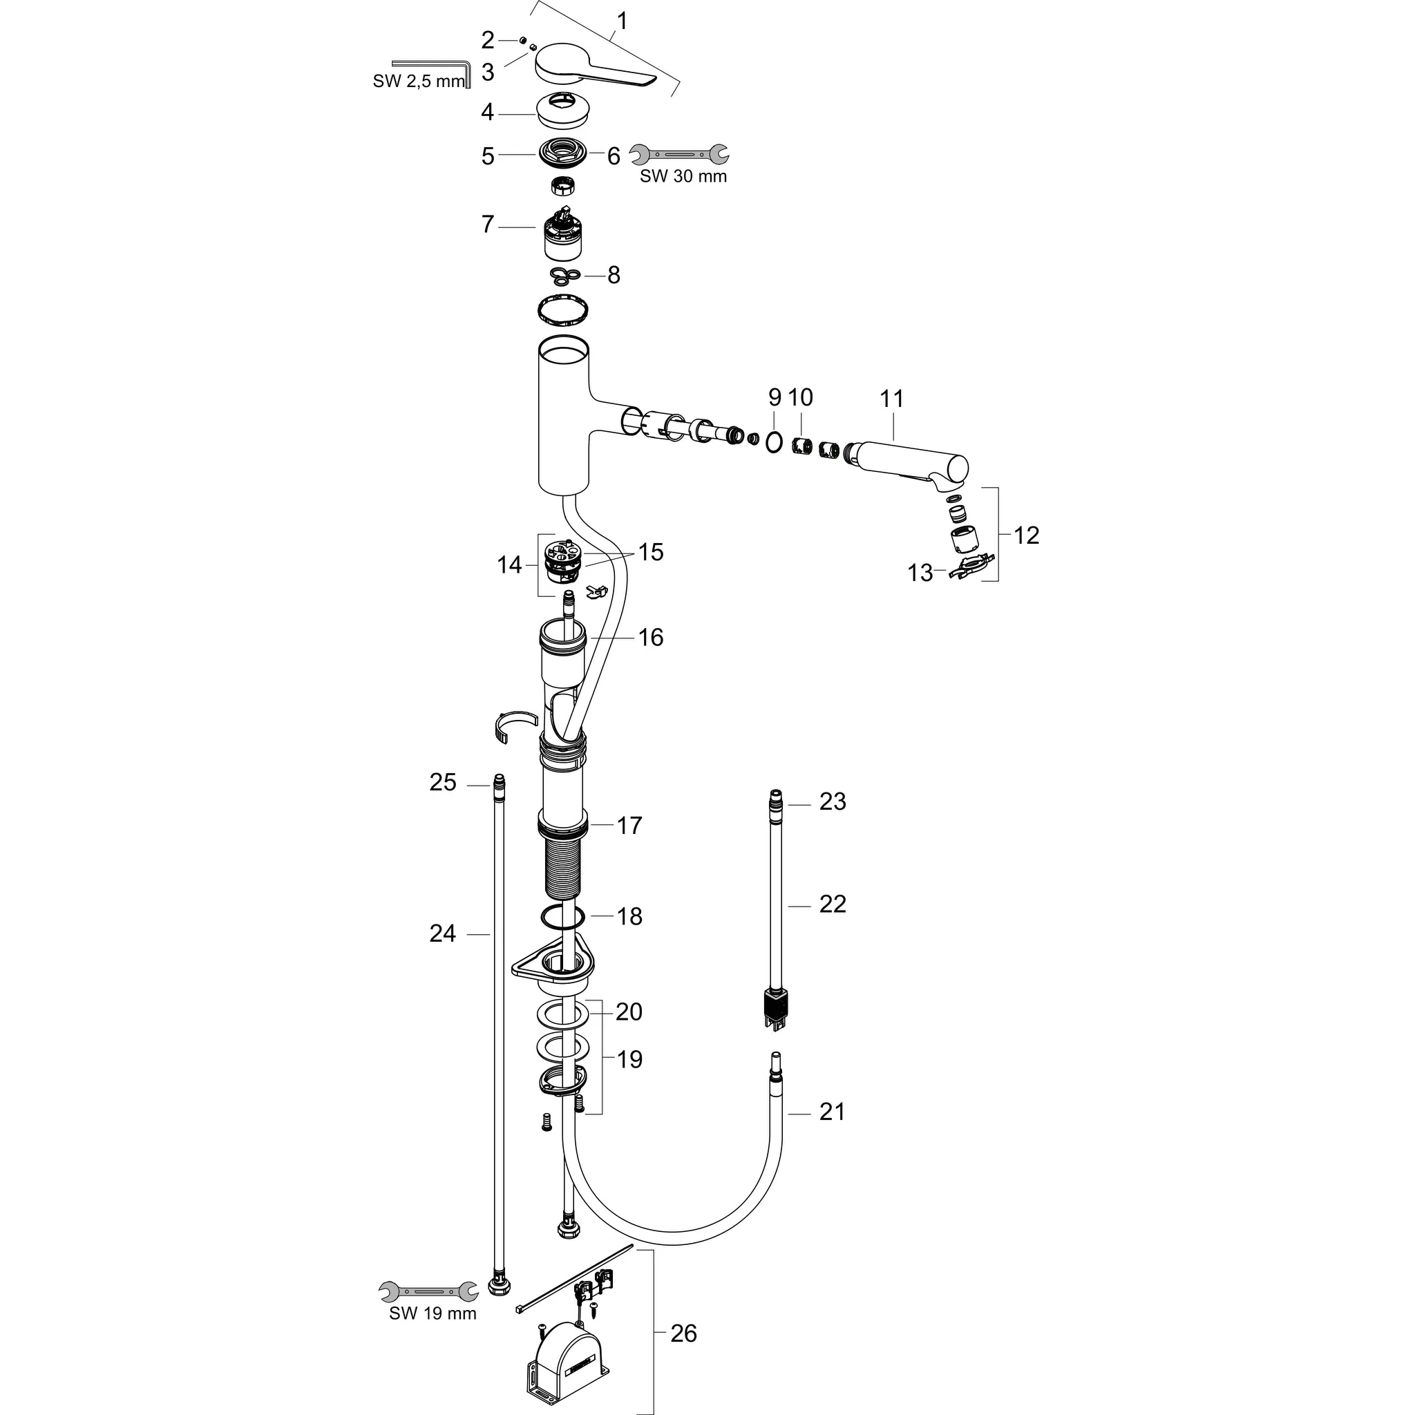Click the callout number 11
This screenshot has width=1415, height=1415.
[891, 399]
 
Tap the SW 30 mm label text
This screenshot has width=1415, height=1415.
[683, 176]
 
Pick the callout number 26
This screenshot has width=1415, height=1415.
[683, 1333]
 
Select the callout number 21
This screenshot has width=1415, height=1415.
[832, 1112]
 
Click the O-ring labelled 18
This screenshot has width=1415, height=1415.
[563, 916]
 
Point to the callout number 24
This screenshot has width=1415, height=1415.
[442, 934]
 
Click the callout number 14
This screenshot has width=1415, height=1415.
[509, 565]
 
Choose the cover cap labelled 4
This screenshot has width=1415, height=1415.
[565, 112]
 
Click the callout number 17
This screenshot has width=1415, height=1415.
[629, 826]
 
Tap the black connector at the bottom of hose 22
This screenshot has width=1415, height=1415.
[777, 1004]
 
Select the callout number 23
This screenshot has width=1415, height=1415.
[833, 802]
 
